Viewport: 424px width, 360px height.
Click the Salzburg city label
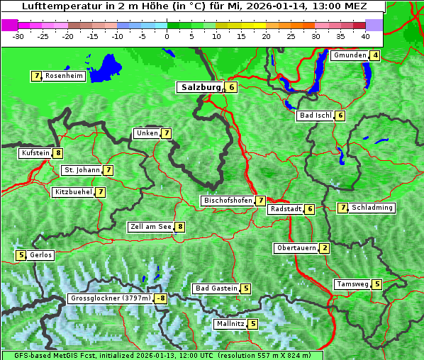[200, 87]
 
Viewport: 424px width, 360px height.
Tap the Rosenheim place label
[64, 76]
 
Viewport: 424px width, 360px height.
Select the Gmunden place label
[350, 55]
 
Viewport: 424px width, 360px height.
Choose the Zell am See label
[151, 227]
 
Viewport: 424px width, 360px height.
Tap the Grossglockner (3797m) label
[111, 298]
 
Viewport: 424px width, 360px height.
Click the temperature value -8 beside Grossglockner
[162, 298]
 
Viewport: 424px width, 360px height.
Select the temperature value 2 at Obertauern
[324, 248]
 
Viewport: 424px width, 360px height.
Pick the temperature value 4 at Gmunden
[375, 55]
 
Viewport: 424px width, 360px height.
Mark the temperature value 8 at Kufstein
[58, 153]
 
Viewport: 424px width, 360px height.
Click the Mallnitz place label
[230, 324]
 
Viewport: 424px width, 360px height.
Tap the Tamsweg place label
[352, 284]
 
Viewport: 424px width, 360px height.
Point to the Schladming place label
[372, 208]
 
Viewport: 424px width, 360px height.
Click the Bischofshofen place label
[228, 201]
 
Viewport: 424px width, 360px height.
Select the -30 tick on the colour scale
[18, 36]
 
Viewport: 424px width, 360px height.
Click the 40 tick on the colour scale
[365, 36]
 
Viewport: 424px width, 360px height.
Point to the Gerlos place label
[40, 255]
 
